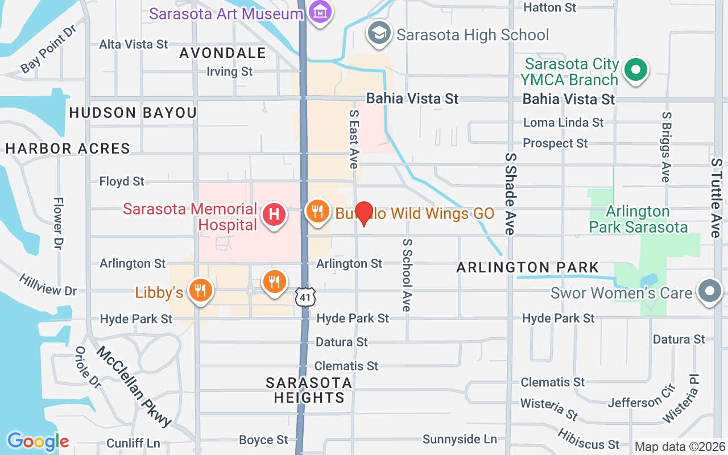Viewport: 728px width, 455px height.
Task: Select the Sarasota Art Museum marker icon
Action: click(x=322, y=12)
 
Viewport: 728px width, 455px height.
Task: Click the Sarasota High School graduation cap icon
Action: click(x=379, y=33)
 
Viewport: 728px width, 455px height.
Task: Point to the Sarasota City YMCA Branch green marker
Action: click(x=636, y=71)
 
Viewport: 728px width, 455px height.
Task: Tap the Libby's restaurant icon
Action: click(x=200, y=291)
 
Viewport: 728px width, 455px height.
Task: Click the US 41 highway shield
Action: click(x=304, y=296)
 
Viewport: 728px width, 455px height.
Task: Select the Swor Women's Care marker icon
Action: click(x=710, y=291)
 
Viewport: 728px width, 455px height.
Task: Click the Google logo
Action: click(x=38, y=441)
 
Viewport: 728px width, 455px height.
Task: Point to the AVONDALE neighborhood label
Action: click(x=223, y=53)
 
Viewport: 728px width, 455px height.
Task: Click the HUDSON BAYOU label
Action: click(x=133, y=113)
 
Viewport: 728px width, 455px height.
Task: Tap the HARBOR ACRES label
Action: click(x=68, y=149)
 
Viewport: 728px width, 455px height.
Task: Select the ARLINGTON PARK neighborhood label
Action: click(x=528, y=267)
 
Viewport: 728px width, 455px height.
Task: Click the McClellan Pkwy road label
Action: click(x=134, y=386)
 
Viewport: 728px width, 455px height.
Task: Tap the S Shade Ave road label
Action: click(x=510, y=193)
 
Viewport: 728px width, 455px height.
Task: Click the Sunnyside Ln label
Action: click(x=460, y=439)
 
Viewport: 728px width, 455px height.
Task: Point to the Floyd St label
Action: click(x=122, y=181)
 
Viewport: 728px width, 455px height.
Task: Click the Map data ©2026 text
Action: click(x=680, y=447)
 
